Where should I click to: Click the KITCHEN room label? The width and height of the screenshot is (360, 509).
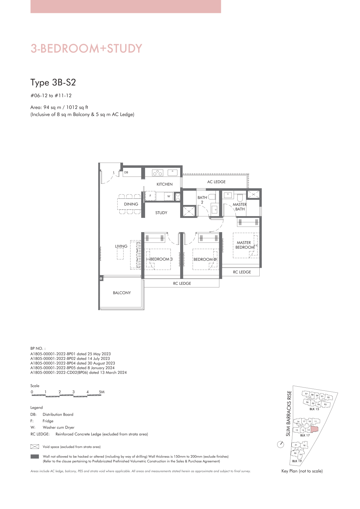tap(164, 184)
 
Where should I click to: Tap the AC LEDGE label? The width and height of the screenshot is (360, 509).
tap(216, 182)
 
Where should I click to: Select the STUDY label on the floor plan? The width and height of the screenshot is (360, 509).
tap(161, 213)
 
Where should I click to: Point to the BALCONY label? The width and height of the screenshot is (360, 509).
tap(122, 293)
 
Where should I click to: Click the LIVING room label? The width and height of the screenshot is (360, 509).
tap(121, 246)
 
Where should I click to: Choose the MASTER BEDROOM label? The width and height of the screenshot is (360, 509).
tap(245, 245)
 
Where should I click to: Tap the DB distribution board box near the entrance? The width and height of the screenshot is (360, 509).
tap(132, 173)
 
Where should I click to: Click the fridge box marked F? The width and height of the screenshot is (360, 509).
tap(150, 196)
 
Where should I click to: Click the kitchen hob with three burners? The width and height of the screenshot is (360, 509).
tap(157, 173)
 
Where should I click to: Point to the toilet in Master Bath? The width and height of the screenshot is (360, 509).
tap(240, 198)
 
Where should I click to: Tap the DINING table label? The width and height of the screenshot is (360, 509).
tap(131, 204)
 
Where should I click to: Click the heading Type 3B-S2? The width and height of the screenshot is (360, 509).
tap(53, 82)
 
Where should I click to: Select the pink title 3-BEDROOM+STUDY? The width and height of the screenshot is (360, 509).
tap(86, 48)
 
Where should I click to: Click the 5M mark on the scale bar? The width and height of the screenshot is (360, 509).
tap(102, 392)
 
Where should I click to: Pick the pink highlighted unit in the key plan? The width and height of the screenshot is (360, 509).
tap(314, 429)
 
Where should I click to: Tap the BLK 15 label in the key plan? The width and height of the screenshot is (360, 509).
tap(314, 409)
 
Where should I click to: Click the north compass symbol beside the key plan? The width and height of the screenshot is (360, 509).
tap(281, 444)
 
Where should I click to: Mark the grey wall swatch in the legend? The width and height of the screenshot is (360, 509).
tap(35, 456)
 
